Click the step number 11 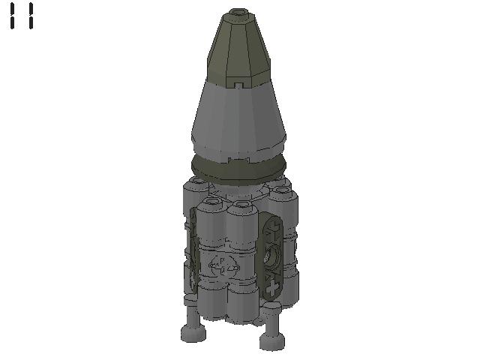[22, 16]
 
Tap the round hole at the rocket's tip [238, 12]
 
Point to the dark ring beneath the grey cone [238, 170]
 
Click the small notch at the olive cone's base [238, 84]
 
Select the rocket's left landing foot [192, 332]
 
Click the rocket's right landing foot [272, 341]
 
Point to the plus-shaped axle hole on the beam [271, 289]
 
